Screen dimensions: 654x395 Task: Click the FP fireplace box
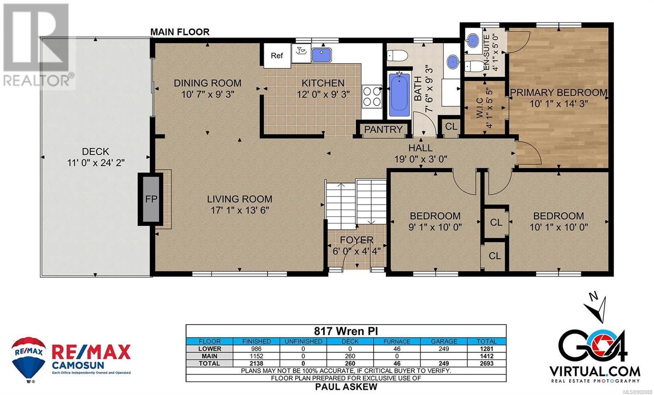click(151, 199)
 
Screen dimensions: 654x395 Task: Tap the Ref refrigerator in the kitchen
click(277, 56)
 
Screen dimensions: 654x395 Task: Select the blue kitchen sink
click(321, 55)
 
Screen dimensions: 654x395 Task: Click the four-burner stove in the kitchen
click(372, 97)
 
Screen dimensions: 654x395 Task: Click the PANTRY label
click(383, 129)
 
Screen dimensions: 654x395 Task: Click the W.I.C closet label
click(480, 107)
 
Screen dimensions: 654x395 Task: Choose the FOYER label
click(356, 240)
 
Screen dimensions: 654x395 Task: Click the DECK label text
click(96, 151)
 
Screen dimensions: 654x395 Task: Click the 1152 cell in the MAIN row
click(256, 356)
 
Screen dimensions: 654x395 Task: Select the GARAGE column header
click(444, 341)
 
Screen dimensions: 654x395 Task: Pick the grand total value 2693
click(486, 363)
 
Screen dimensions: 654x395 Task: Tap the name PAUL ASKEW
click(346, 387)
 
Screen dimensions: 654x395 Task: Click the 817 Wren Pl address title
click(346, 331)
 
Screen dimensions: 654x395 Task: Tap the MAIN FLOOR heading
click(180, 32)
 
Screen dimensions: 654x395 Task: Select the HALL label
click(421, 148)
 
